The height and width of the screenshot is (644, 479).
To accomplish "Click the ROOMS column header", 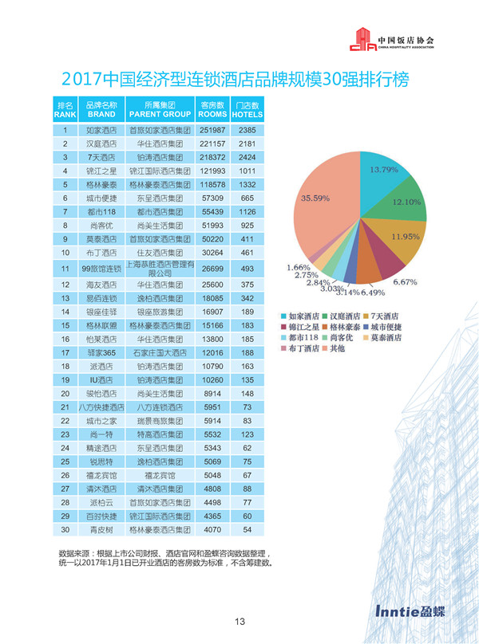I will click(212, 109).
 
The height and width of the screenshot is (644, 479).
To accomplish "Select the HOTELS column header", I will click(247, 109).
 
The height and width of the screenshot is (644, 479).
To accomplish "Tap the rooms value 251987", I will click(212, 129).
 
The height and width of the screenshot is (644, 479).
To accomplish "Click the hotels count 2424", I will click(247, 158).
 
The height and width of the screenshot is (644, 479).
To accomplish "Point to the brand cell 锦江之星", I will click(101, 171).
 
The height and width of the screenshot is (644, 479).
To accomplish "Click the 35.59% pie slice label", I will click(315, 198).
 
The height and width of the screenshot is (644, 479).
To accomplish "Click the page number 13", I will click(239, 622).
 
